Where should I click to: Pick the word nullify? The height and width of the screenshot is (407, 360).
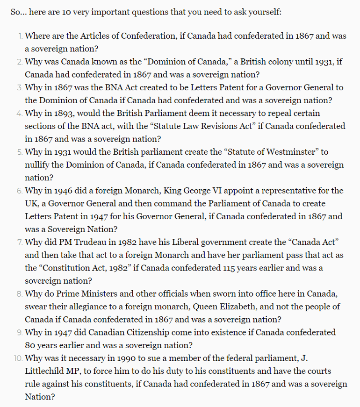[38, 165]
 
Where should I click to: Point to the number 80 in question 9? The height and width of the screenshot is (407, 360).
[30, 346]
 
